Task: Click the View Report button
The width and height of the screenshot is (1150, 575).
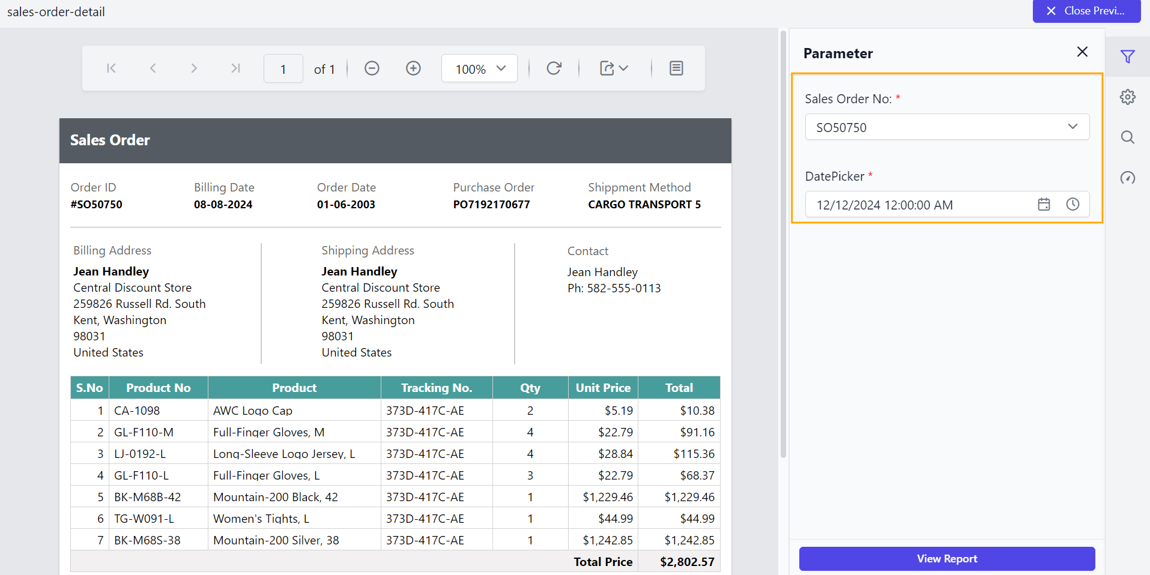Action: tap(946, 559)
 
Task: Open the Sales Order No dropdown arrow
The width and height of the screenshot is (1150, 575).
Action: tap(1073, 127)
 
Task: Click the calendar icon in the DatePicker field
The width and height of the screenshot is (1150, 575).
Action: tap(1044, 205)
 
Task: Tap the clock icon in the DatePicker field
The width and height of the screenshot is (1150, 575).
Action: tap(1073, 205)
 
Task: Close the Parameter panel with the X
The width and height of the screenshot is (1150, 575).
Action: tap(1082, 52)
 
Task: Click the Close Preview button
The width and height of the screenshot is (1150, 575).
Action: tap(1086, 11)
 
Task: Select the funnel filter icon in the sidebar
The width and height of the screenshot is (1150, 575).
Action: tap(1127, 57)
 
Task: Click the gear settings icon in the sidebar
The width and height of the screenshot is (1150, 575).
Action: tap(1127, 97)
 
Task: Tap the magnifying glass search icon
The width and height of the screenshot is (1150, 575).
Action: tap(1127, 137)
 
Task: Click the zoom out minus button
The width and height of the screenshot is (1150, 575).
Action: tap(372, 68)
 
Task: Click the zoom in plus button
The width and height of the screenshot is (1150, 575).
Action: tap(413, 68)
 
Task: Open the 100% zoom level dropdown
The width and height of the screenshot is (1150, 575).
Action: tap(479, 69)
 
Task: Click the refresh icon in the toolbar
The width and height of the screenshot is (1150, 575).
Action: tap(554, 68)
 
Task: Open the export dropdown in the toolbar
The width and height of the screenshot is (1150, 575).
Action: tap(614, 68)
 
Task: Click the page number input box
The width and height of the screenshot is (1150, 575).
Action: tap(283, 69)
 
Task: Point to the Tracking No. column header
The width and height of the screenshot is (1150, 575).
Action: tap(437, 388)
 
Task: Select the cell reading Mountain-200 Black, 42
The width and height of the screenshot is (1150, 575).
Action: tap(276, 497)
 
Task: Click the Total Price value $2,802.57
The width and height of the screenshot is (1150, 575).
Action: tap(687, 562)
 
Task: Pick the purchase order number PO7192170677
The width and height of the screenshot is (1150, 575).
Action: tap(491, 205)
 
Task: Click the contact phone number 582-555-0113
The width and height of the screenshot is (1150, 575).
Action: tap(623, 288)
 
